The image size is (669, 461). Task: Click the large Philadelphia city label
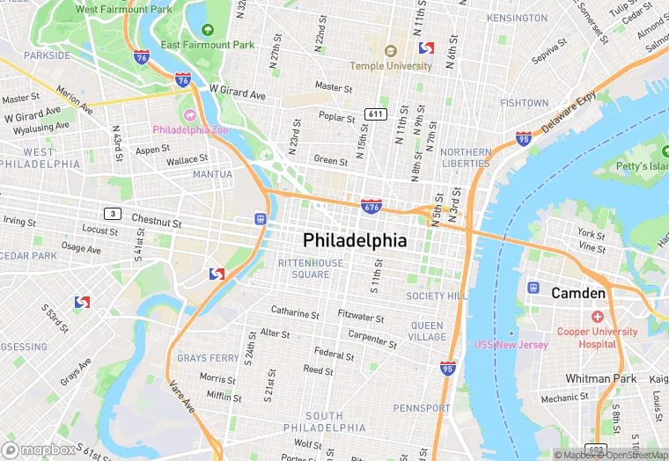coord(355,240)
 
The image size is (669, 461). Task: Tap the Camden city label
coord(578,293)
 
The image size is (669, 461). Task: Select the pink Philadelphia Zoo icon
coord(188,114)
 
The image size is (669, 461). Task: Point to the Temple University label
coord(391,66)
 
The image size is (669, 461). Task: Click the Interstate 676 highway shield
coord(371,207)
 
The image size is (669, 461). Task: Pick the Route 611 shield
coord(376,114)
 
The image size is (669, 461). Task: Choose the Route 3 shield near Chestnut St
coord(112,214)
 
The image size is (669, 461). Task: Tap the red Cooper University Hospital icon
coord(598,316)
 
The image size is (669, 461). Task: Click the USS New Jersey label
coord(511,344)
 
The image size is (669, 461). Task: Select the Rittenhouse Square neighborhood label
coord(304,268)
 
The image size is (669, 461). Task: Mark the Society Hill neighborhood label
coord(437,296)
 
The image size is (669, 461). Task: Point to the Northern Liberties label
coord(466,157)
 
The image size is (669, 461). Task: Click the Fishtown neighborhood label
coord(524,103)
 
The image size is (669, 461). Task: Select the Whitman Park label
coord(600,378)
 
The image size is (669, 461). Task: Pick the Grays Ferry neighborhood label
coord(208,358)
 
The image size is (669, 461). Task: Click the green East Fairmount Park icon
coord(208,30)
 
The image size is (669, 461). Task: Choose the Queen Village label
coord(428,331)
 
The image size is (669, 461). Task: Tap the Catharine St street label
coord(295,313)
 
